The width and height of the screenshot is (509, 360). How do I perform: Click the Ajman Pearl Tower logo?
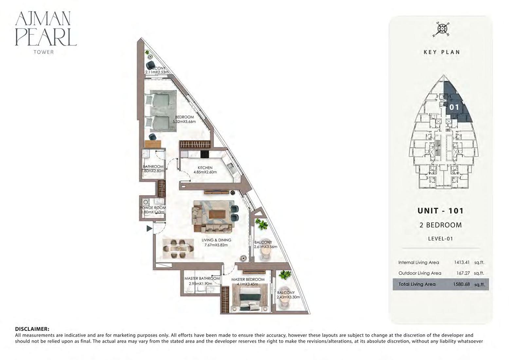point(45,32)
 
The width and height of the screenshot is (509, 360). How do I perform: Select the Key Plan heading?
point(442,52)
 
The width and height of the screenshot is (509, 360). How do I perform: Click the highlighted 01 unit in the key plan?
point(454,107)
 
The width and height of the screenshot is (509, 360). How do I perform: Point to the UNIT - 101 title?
point(441,211)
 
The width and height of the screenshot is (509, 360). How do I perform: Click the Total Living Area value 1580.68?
point(461,284)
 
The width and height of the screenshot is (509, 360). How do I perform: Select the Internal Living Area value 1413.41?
point(462,262)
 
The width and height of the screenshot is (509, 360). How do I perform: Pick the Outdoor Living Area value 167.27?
point(464,273)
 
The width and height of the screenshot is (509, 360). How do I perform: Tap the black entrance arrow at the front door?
point(149,229)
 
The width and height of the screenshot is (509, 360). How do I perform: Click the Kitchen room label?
point(205,168)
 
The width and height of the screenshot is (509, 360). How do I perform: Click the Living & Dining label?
point(216,240)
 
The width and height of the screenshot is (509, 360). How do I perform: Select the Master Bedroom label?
point(248,279)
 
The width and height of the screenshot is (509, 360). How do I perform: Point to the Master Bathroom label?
point(202,279)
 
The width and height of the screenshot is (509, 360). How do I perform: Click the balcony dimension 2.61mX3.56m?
point(265,247)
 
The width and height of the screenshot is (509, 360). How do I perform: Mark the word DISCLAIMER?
point(32,329)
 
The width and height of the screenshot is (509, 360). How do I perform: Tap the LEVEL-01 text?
point(440,239)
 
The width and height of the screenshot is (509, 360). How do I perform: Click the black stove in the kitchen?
point(205,154)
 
